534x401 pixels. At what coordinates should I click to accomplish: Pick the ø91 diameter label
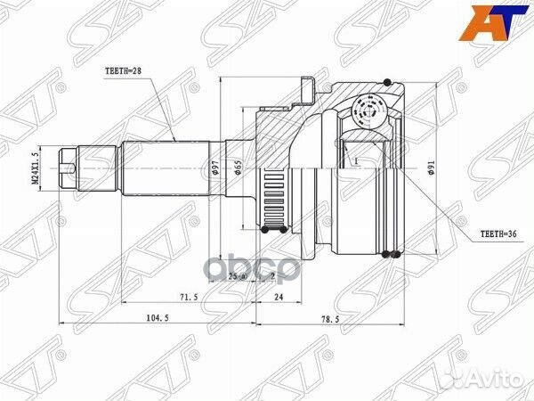pos(430,170)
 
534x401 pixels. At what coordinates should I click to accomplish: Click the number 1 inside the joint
pos(353,162)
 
